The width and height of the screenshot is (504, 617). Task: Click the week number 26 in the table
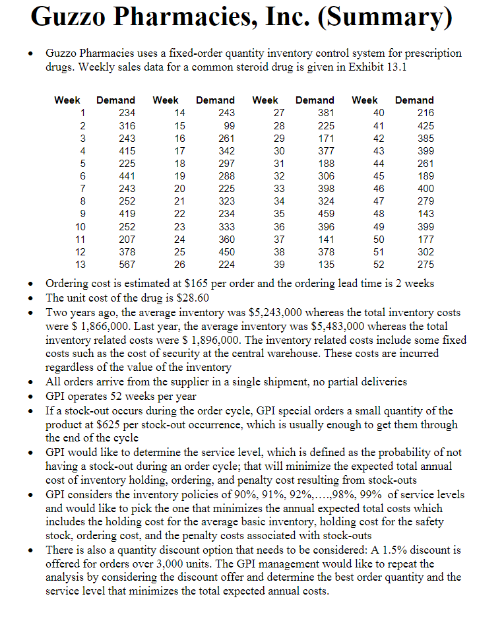point(179,265)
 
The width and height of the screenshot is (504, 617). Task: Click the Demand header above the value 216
point(414,100)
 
